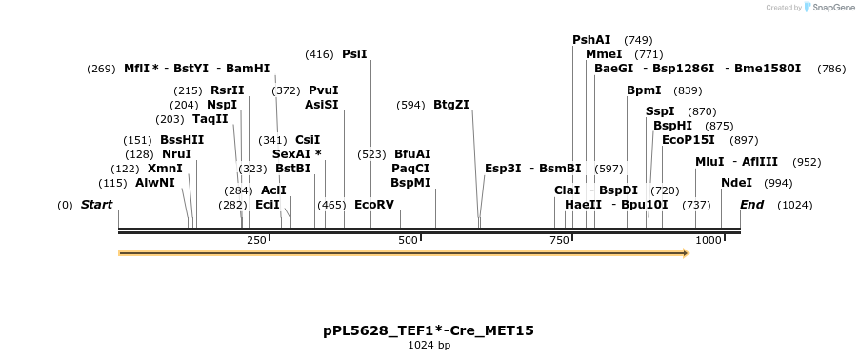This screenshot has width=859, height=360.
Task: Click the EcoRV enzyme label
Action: coord(373,204)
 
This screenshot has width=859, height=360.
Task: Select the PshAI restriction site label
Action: coord(591,40)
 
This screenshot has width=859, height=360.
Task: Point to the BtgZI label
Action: coord(451,105)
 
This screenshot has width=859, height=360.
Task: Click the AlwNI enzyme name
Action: coord(155,183)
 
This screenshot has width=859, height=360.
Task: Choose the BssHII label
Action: coord(182,140)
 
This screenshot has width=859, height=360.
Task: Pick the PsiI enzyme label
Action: coord(354,54)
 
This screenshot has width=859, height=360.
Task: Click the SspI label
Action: coord(660,111)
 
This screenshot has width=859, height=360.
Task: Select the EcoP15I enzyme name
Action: coord(688,140)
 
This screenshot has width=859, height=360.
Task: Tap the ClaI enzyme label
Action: coord(567,190)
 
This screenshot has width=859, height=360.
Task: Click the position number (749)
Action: coord(638,40)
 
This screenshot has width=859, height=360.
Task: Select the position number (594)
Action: coord(410,105)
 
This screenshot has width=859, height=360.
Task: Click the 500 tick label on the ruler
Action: coord(409,240)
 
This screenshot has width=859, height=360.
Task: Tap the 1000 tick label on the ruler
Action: coord(709,240)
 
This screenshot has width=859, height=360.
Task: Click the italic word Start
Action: coord(96,205)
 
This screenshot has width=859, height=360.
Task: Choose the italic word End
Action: coord(751,205)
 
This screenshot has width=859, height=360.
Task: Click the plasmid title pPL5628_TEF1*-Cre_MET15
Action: coord(429,330)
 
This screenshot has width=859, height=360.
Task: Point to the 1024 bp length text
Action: coord(429,345)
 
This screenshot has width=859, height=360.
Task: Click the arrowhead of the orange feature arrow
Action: coord(684,253)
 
